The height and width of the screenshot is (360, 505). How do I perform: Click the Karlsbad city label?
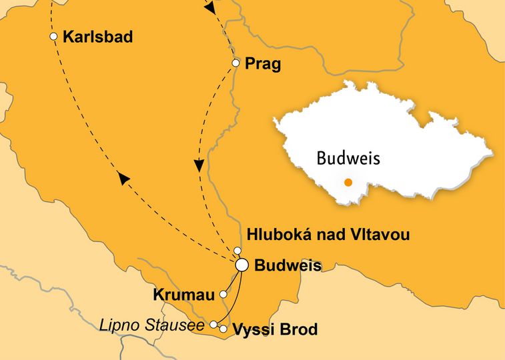coord(97,37)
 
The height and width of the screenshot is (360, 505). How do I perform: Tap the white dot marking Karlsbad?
coord(54,37)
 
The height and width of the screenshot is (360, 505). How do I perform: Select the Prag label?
coord(263,64)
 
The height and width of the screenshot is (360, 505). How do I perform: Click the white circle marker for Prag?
coord(235,63)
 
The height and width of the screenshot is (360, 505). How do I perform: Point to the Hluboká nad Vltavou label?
coord(328,235)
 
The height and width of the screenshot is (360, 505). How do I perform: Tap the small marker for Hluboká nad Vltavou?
coord(237,251)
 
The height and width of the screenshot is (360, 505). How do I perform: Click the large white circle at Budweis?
coord(242,265)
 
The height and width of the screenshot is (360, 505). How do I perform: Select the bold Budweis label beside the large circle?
coord(288,266)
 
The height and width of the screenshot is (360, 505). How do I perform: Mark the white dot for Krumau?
coord(224,293)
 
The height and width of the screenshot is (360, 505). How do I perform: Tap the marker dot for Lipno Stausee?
coord(213,325)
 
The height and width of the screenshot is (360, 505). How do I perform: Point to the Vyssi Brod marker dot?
coord(223,329)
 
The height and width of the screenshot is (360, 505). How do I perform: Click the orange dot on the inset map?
coord(348,182)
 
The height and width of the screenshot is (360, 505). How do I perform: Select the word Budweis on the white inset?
coord(348,159)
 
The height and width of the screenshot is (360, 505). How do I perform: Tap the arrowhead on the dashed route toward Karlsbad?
coord(122,177)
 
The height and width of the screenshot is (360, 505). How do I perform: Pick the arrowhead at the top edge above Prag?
coord(209,8)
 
